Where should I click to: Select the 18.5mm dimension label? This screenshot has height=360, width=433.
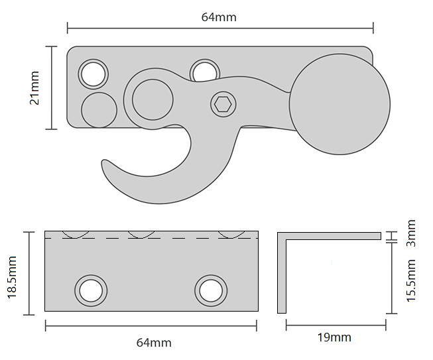(x=11, y=272)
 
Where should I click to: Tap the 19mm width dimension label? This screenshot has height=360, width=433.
(x=334, y=337)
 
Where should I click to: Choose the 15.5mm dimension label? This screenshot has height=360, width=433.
(x=410, y=280)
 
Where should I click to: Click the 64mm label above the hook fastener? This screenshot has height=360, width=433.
(x=219, y=17)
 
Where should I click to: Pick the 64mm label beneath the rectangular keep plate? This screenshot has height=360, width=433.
(x=153, y=342)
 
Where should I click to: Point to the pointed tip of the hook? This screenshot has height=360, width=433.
(x=104, y=161)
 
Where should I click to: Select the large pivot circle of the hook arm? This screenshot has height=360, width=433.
(x=152, y=99)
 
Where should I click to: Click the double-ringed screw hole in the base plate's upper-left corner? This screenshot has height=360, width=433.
(x=93, y=73)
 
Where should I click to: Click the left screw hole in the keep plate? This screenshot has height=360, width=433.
(x=90, y=290)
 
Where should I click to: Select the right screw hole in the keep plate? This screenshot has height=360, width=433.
(x=211, y=290)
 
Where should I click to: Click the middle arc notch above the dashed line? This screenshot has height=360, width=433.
(x=143, y=234)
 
